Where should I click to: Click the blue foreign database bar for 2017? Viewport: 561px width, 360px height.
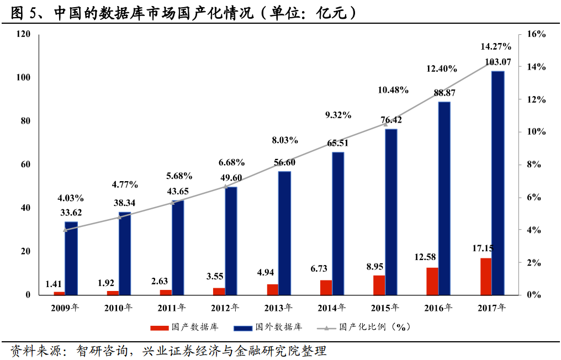point(498,182)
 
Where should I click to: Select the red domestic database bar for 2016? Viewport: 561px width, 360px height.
point(432,281)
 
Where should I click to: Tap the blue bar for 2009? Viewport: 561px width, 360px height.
point(71,258)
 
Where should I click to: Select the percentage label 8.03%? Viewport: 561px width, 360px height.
point(285,141)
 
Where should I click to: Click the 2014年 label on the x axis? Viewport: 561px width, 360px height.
point(334,308)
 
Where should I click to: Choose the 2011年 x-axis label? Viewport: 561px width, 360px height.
point(172,308)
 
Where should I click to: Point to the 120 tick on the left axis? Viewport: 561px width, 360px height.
point(24,34)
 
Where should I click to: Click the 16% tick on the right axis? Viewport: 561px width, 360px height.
point(536,34)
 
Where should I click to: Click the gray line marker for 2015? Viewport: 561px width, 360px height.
point(385,124)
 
